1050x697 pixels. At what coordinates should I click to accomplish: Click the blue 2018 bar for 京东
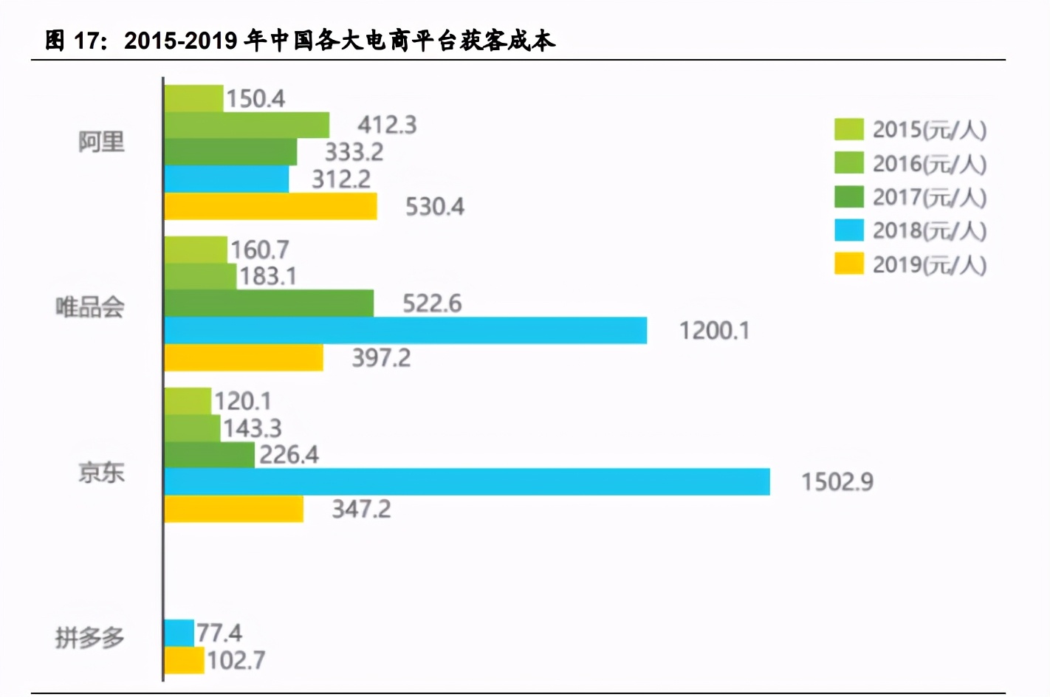pyautogui.click(x=467, y=481)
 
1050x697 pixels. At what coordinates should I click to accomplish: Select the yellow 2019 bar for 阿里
pyautogui.click(x=270, y=207)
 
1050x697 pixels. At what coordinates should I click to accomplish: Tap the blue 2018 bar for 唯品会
pyautogui.click(x=405, y=330)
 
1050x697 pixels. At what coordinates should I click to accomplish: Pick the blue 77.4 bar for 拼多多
pyautogui.click(x=179, y=633)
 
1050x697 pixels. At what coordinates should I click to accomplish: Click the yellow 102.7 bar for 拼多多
pyautogui.click(x=184, y=660)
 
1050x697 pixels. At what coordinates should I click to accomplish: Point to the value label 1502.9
pyautogui.click(x=837, y=482)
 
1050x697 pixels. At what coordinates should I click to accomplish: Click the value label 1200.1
pyautogui.click(x=714, y=331)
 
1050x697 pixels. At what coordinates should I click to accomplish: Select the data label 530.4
pyautogui.click(x=434, y=207)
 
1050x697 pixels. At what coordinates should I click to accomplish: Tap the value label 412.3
pyautogui.click(x=387, y=126)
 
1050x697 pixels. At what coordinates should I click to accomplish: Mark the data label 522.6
pyautogui.click(x=431, y=303)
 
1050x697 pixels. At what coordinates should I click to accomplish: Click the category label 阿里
pyautogui.click(x=102, y=142)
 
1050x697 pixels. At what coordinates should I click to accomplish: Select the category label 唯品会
pyautogui.click(x=90, y=307)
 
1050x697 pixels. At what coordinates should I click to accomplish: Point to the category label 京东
pyautogui.click(x=102, y=473)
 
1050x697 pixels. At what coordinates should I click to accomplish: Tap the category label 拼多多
pyautogui.click(x=90, y=637)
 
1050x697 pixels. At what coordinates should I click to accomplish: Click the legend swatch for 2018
pyautogui.click(x=848, y=230)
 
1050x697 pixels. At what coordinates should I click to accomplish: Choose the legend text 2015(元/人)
pyautogui.click(x=929, y=130)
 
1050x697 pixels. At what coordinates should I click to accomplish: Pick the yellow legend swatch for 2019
pyautogui.click(x=848, y=264)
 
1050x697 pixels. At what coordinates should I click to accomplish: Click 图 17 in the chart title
pyautogui.click(x=74, y=41)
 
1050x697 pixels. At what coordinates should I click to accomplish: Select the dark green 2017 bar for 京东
pyautogui.click(x=209, y=455)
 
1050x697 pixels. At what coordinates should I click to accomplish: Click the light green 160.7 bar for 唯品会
pyautogui.click(x=196, y=250)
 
